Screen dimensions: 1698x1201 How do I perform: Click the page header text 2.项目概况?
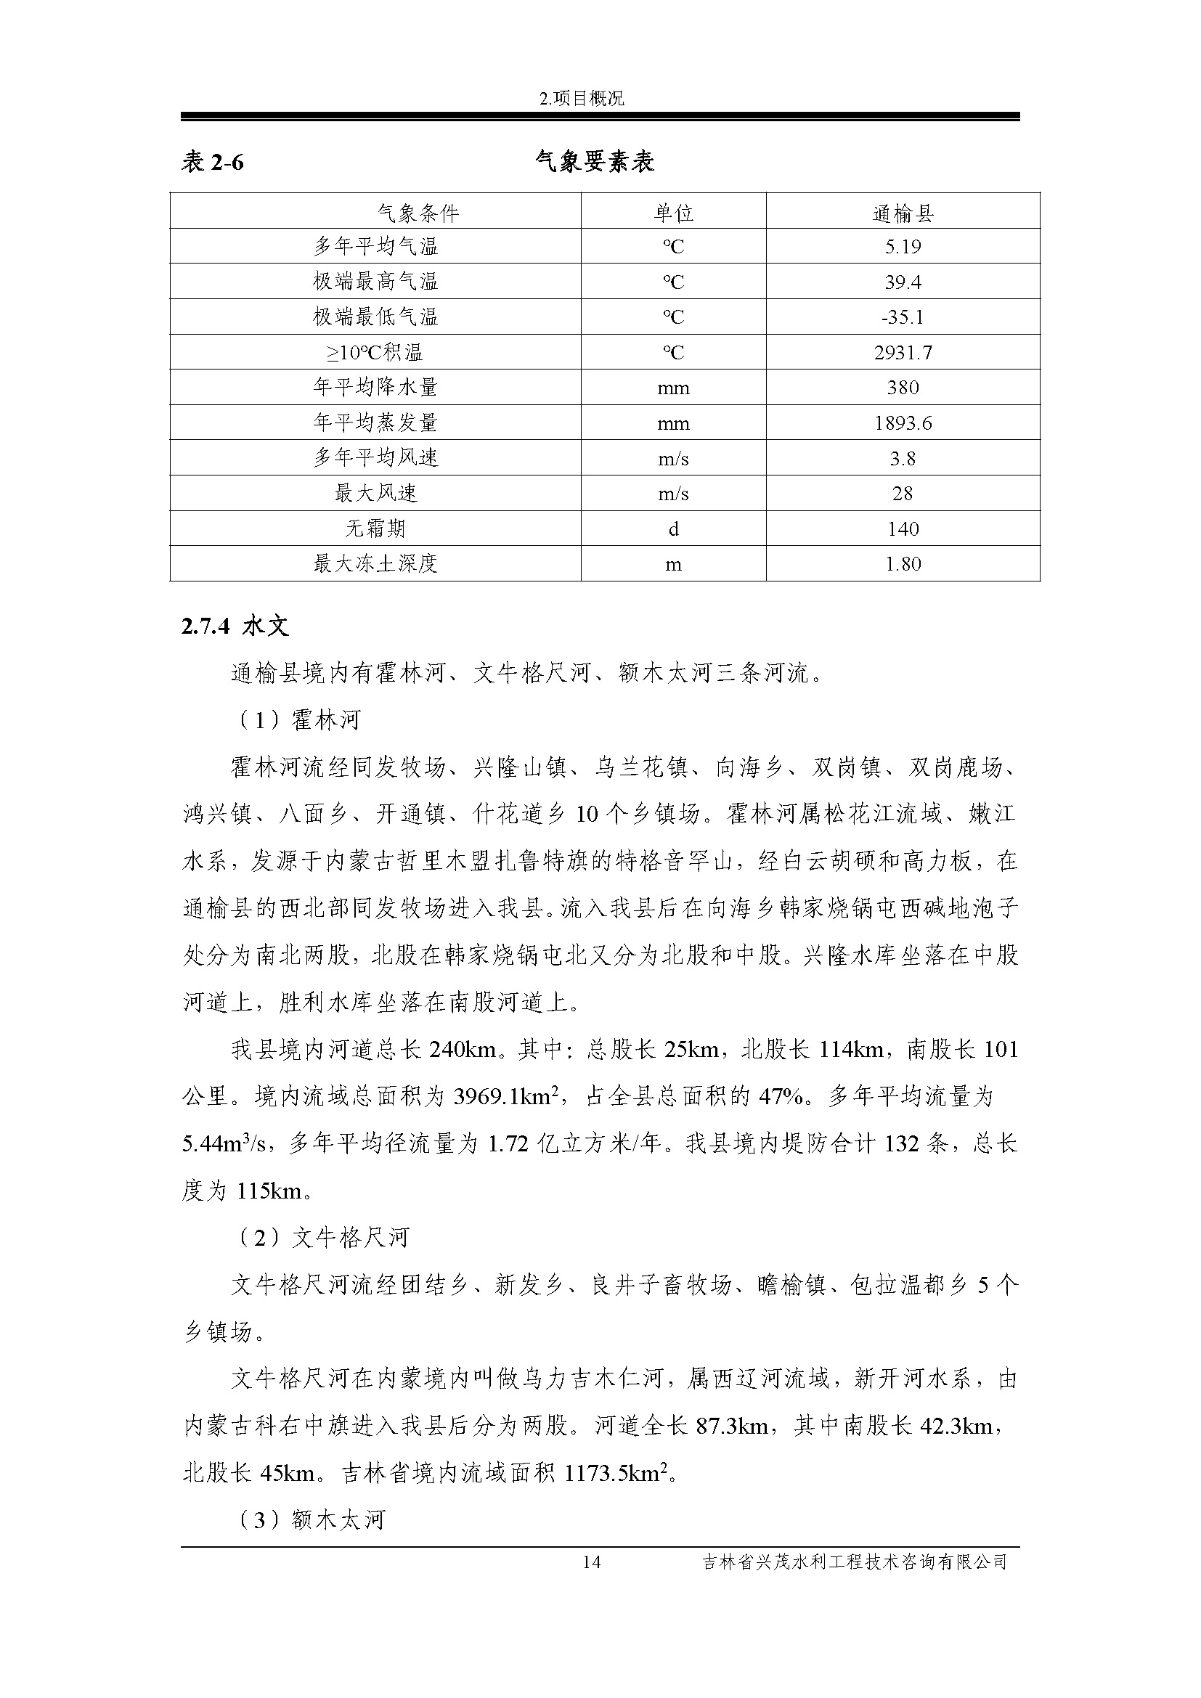pos(583,98)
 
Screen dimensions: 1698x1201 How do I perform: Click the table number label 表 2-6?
pos(213,162)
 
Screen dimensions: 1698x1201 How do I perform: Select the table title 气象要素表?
pos(595,161)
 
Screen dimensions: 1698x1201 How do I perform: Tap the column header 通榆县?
pos(903,213)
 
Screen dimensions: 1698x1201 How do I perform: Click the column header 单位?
pos(673,213)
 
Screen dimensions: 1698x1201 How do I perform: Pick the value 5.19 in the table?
pos(903,246)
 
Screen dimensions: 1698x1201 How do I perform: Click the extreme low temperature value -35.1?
pos(903,317)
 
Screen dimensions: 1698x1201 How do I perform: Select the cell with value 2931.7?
pos(903,353)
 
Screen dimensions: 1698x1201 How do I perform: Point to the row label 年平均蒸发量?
pos(375,423)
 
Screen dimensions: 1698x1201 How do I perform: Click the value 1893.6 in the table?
pos(903,423)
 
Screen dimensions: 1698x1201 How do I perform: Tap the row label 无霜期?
pos(375,528)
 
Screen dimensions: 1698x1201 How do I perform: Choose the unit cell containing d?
pos(673,528)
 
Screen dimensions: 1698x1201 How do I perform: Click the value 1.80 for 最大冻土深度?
pos(903,564)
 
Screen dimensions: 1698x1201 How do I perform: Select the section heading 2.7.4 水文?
pos(235,626)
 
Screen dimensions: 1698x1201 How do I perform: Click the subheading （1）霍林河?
pos(297,719)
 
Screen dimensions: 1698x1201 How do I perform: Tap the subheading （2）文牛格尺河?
pos(322,1237)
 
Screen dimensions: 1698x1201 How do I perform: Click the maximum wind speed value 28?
pos(903,493)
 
